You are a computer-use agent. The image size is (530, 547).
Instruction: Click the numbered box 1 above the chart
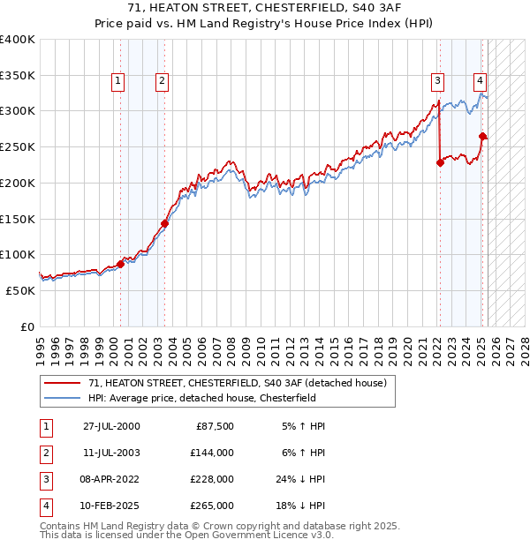click(118, 81)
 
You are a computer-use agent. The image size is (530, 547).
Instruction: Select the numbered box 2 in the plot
click(163, 81)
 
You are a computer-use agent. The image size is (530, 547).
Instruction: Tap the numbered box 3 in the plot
click(437, 81)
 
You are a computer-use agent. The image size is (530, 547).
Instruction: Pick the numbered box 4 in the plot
click(479, 81)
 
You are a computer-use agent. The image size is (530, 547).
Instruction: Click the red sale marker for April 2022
click(440, 162)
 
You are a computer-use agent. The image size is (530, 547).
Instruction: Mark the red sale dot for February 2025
click(482, 136)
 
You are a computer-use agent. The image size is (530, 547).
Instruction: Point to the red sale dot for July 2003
click(164, 222)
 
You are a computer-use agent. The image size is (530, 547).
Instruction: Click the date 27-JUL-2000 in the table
click(111, 426)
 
